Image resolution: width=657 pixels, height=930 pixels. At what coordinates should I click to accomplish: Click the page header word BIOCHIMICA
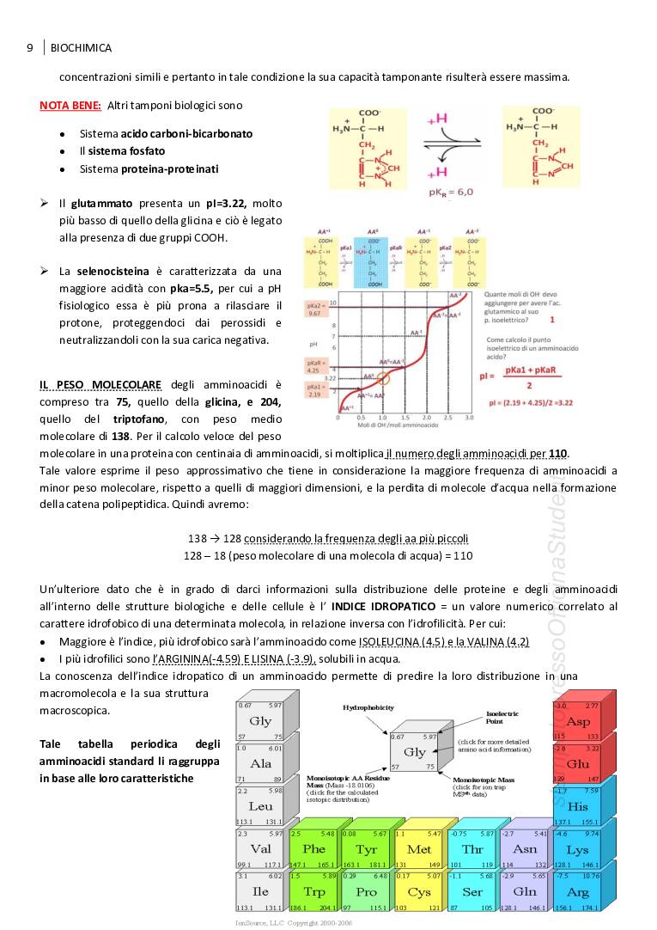pos(82,48)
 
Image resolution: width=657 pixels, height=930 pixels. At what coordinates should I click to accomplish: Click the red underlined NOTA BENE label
pos(70,105)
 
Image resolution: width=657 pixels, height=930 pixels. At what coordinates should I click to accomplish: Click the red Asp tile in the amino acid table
pos(578,721)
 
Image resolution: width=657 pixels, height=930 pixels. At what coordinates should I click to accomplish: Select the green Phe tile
pos(313,849)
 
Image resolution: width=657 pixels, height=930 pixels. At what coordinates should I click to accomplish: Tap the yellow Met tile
pos(419,849)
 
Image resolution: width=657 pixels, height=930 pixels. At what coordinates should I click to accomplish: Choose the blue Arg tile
pos(578,891)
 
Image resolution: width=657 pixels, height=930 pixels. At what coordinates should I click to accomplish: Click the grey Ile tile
pos(260,891)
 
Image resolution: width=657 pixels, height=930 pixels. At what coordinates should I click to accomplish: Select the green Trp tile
pos(313,891)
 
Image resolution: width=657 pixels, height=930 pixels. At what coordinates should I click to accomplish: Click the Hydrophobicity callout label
pos(368,707)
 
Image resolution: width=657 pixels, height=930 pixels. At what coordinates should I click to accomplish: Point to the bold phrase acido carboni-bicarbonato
pos(186,134)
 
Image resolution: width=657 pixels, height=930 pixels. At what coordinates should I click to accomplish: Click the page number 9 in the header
pos(29,48)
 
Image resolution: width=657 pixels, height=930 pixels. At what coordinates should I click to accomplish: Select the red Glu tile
pos(578,763)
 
